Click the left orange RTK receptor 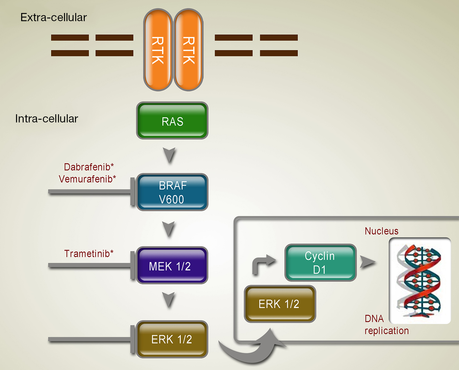(158, 50)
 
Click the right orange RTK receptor (188, 50)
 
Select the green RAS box (172, 121)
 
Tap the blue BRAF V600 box (172, 192)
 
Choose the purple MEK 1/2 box (172, 265)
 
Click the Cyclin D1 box (320, 262)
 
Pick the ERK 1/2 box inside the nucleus (280, 304)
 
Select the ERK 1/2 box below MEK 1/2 (172, 339)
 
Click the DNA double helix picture (420, 281)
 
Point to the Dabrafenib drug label (89, 167)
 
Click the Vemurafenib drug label (87, 179)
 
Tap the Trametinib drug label (89, 254)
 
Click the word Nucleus (382, 231)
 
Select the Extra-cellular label (54, 17)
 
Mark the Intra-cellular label (47, 118)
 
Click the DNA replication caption (386, 325)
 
